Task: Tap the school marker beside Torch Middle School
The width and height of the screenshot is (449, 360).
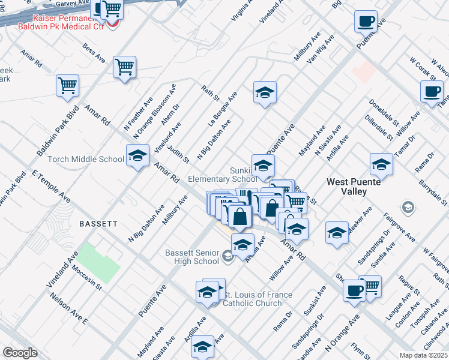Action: [x=137, y=157]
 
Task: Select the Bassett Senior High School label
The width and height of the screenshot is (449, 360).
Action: [x=192, y=257]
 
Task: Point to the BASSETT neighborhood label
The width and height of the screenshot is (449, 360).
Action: [x=98, y=223]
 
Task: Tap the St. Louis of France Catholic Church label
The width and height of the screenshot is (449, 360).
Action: [x=258, y=299]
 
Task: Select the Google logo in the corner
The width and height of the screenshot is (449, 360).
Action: [x=20, y=353]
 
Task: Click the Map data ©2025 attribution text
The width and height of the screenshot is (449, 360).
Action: [x=423, y=355]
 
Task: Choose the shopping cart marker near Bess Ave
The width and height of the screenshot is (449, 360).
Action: [x=124, y=67]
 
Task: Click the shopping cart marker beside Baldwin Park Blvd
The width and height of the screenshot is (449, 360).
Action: [x=67, y=85]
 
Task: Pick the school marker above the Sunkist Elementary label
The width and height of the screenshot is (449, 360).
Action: [x=263, y=166]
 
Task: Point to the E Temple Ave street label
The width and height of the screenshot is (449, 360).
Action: [x=51, y=186]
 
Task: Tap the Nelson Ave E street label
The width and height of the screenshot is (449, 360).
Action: [x=69, y=308]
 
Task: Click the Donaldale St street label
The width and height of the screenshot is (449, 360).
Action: [x=384, y=112]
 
